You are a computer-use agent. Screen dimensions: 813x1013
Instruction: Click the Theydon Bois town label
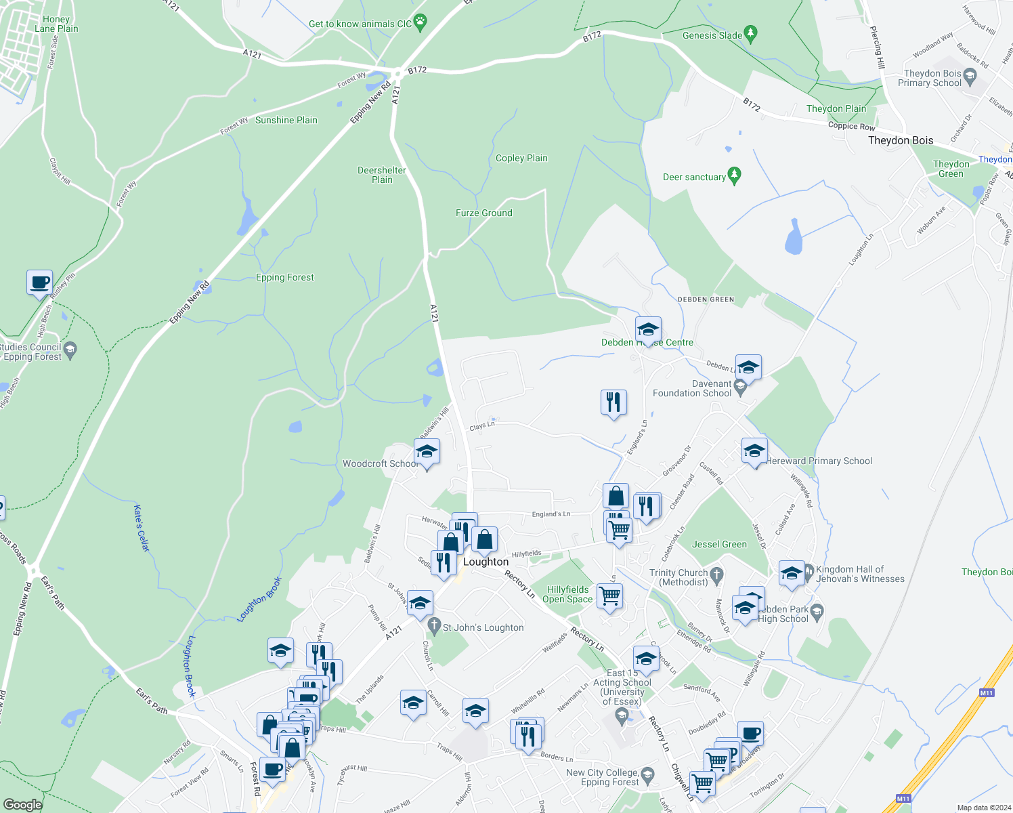tap(901, 140)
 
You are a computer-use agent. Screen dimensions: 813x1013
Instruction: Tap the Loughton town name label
tap(486, 562)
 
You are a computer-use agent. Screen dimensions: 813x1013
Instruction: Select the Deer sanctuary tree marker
tap(734, 176)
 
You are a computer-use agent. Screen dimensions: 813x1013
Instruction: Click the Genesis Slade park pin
tap(750, 33)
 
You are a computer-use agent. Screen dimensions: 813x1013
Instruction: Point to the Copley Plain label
tap(521, 158)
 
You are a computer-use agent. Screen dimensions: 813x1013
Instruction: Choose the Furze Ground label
tap(483, 213)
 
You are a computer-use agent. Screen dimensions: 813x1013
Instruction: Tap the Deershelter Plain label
tap(382, 175)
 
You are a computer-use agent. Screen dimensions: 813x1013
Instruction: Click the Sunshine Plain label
tap(286, 120)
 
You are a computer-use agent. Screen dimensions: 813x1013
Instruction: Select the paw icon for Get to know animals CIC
tap(421, 23)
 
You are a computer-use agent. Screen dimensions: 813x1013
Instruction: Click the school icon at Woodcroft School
tap(427, 452)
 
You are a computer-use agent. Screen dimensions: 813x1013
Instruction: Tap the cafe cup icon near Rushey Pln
tap(40, 282)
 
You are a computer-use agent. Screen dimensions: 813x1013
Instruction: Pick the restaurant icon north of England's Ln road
tap(613, 402)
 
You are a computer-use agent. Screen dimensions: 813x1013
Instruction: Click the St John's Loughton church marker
tap(433, 627)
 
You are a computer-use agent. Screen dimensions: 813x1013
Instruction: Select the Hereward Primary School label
tap(819, 461)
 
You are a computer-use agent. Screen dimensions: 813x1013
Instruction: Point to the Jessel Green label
tap(719, 544)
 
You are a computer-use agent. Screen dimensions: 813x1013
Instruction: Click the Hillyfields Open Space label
tap(567, 594)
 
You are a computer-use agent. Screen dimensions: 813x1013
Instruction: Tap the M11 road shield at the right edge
tap(986, 692)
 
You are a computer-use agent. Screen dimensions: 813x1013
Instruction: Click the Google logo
tap(22, 804)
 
